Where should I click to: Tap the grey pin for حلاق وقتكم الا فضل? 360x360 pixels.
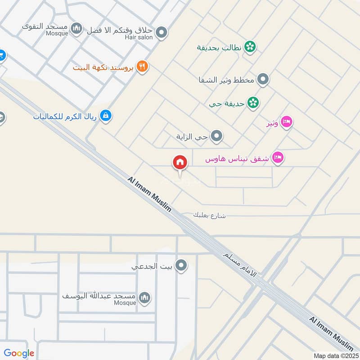(x=162, y=32)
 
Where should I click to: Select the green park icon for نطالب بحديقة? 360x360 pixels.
(x=250, y=46)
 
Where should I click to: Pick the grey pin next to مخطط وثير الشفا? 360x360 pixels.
(x=264, y=80)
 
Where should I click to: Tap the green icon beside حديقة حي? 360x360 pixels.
(x=254, y=103)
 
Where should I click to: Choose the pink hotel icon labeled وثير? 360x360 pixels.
(x=287, y=122)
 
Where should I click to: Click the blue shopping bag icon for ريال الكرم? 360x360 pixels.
(x=106, y=116)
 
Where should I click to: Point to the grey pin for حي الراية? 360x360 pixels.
(x=217, y=135)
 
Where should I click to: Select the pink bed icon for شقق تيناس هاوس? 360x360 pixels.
(x=279, y=158)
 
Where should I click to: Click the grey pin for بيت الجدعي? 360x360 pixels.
(x=181, y=266)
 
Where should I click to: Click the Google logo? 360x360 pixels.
(x=19, y=354)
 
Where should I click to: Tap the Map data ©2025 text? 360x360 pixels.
(x=336, y=355)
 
